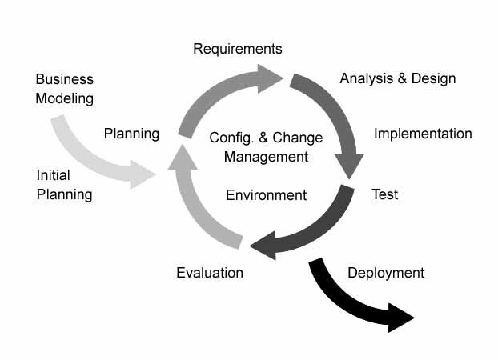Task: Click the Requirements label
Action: (238, 49)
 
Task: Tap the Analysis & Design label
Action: (398, 78)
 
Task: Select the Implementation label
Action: (423, 134)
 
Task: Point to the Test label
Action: (384, 194)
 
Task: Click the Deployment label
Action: (386, 273)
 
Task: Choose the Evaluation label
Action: (210, 273)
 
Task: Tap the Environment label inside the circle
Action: (266, 195)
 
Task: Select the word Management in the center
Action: (266, 157)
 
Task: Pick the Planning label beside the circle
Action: (131, 134)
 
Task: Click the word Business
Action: (65, 79)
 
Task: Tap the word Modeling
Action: (65, 99)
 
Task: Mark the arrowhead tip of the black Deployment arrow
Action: (412, 319)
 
